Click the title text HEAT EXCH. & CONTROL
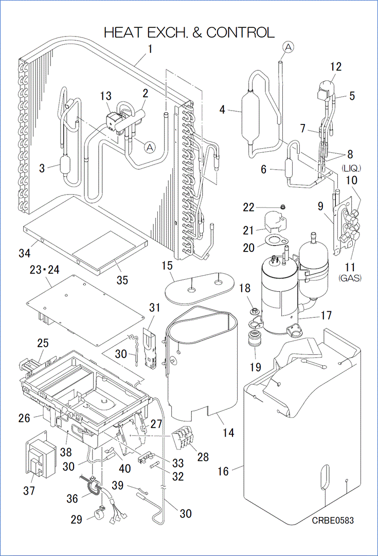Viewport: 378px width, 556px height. tap(189, 32)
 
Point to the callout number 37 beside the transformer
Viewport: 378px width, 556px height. tap(29, 491)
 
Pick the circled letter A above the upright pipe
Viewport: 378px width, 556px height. tap(289, 47)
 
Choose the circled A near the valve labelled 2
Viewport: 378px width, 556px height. tap(149, 147)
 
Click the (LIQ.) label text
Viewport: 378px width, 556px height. tap(351, 168)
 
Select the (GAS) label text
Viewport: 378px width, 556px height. tap(350, 278)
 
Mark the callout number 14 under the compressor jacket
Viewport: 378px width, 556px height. tap(228, 433)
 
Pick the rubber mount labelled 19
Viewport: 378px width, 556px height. tap(254, 340)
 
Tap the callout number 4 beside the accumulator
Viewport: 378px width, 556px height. tap(222, 110)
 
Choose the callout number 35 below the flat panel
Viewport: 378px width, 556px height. tap(122, 280)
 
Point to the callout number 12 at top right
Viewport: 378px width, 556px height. tap(336, 66)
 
